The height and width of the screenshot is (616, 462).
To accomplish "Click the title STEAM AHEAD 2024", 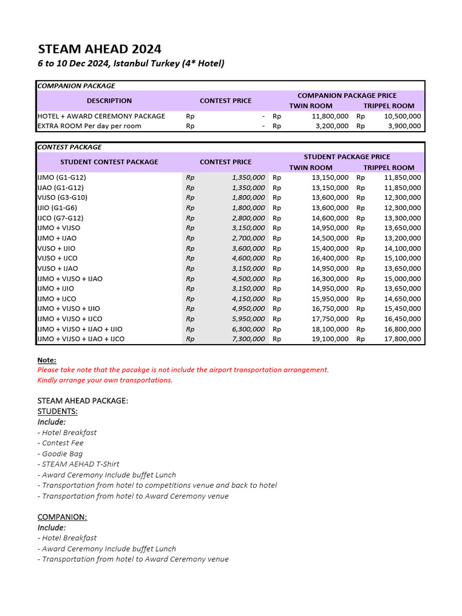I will click(99, 49).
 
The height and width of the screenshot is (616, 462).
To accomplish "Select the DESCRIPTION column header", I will click(109, 100).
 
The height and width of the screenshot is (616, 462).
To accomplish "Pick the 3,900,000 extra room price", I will click(402, 126).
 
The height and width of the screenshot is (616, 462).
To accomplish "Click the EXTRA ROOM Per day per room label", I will click(90, 126).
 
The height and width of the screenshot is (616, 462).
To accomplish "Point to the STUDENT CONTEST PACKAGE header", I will click(109, 162).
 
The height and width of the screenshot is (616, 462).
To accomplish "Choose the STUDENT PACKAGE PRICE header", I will click(346, 156).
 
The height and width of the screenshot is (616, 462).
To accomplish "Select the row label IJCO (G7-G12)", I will click(61, 218).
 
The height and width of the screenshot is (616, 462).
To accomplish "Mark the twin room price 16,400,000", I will click(330, 258).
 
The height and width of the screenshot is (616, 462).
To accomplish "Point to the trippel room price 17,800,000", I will click(402, 339).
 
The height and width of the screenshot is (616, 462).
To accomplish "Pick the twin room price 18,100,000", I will click(330, 329).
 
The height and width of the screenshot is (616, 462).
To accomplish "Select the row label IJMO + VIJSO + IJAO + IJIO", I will click(80, 329).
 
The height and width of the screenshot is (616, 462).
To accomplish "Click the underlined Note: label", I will click(47, 360).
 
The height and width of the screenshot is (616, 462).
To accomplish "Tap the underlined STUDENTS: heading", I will click(57, 411).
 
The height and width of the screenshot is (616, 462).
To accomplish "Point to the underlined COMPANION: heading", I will click(62, 517).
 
